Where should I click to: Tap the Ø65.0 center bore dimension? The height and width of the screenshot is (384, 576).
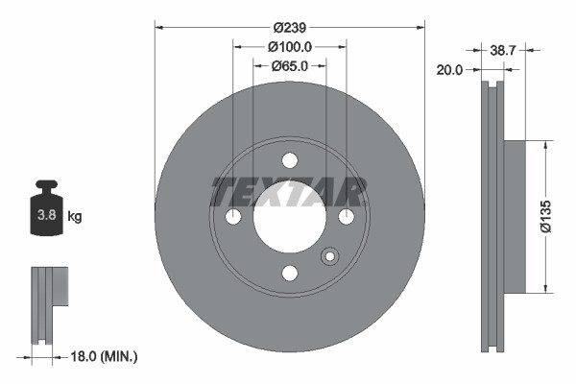(x=289, y=66)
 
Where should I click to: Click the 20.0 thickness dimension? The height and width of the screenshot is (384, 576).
(x=450, y=70)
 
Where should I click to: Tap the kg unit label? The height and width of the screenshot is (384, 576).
(x=75, y=217)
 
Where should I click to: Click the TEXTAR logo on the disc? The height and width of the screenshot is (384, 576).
(x=289, y=192)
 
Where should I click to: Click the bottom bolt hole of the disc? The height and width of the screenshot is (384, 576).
(x=289, y=274)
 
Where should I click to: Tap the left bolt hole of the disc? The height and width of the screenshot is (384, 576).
(x=233, y=218)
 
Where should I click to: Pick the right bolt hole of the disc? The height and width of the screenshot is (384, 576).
(x=345, y=218)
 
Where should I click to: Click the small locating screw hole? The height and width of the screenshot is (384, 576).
(x=330, y=256)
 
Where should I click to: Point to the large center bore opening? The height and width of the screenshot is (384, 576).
(x=289, y=218)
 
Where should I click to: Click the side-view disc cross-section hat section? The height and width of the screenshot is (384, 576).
(x=513, y=217)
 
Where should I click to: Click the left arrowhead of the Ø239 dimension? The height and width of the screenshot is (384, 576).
(x=158, y=28)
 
